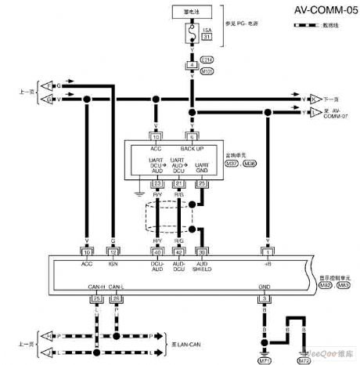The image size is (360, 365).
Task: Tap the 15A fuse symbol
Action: click(190, 34)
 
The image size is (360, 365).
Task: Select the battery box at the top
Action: click(190, 13)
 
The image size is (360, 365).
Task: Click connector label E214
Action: click(207, 59)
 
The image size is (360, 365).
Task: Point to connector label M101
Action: click(207, 70)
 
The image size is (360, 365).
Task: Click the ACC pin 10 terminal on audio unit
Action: click(157, 136)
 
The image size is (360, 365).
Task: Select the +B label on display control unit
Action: click(268, 264)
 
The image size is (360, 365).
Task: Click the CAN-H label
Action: click(97, 287)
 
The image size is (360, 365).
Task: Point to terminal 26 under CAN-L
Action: click(117, 298)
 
